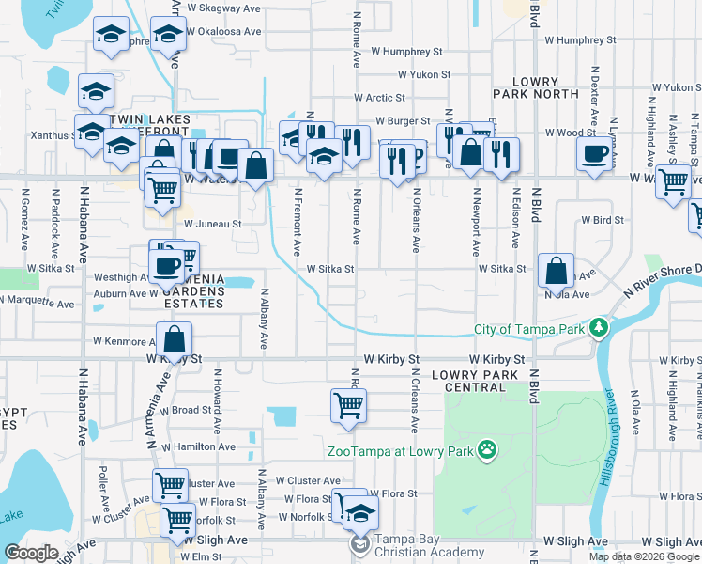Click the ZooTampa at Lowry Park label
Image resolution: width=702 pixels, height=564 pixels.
pyautogui.click(x=399, y=451)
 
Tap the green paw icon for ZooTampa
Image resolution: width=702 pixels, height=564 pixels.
pyautogui.click(x=486, y=450)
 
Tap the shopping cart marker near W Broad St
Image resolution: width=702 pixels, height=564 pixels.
pyautogui.click(x=348, y=406)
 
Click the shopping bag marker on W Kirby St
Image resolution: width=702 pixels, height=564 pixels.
pyautogui.click(x=175, y=338)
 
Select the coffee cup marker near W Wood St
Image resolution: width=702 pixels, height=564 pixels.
pyautogui.click(x=594, y=155)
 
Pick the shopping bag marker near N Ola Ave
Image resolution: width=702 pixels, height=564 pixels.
pyautogui.click(x=557, y=271)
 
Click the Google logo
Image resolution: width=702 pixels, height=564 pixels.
pyautogui.click(x=31, y=553)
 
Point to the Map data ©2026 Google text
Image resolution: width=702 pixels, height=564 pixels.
pyautogui.click(x=644, y=556)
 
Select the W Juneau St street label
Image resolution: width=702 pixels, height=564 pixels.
pyautogui.click(x=212, y=225)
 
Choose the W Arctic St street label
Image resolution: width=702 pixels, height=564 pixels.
pyautogui.click(x=379, y=98)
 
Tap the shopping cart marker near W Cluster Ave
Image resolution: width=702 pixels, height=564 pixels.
pyautogui.click(x=170, y=485)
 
